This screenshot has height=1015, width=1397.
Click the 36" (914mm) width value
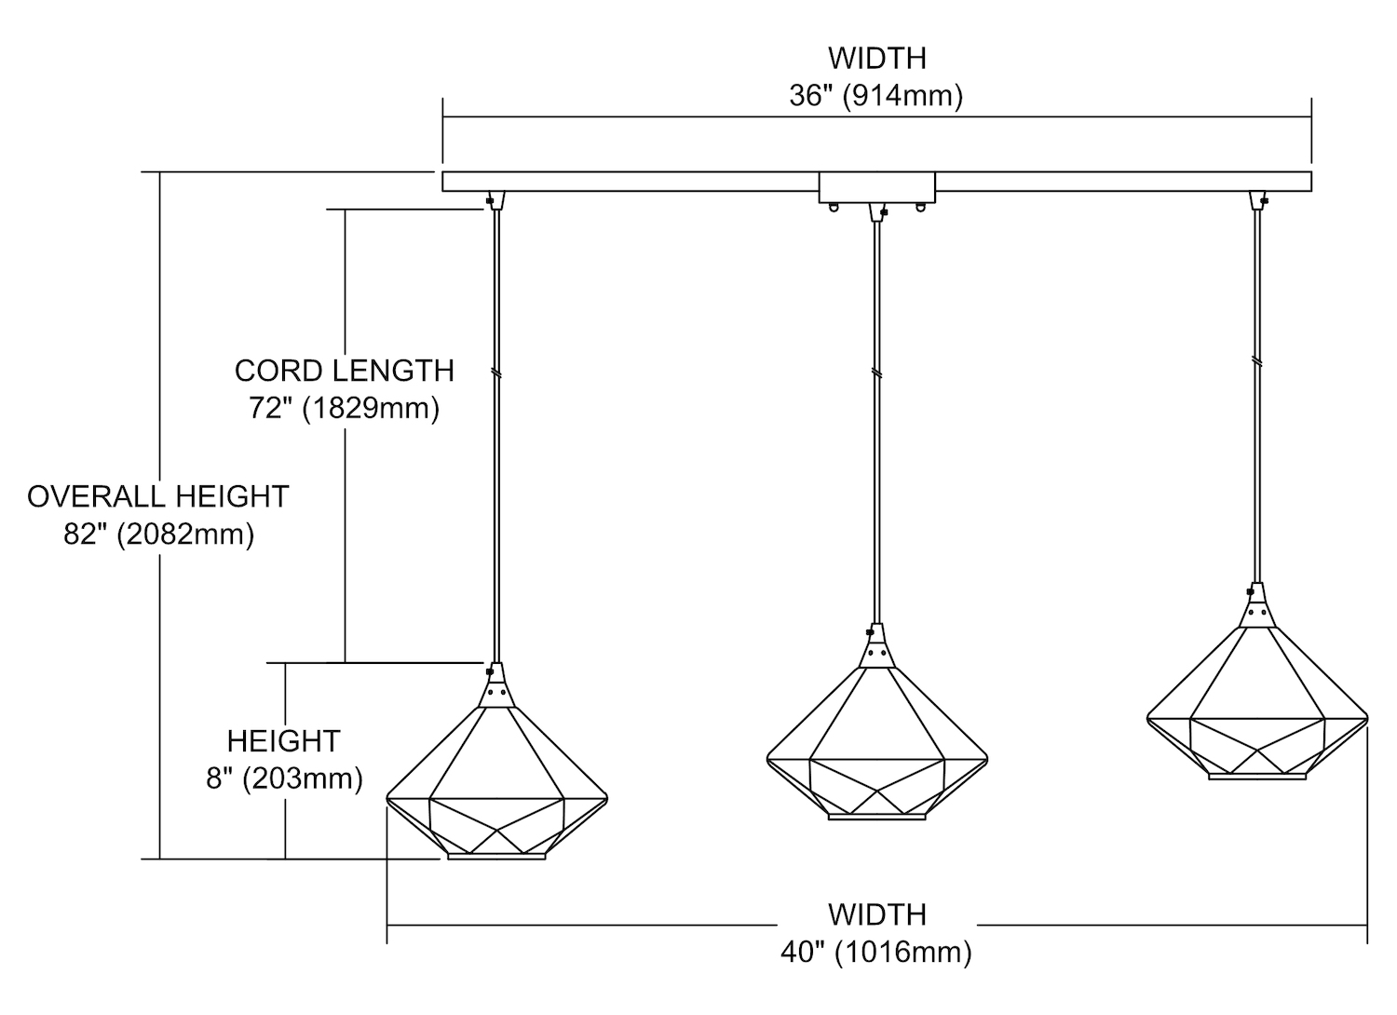pyautogui.click(x=875, y=96)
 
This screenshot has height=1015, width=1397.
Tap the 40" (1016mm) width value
pyautogui.click(x=875, y=953)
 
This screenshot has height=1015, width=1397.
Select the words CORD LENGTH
pyautogui.click(x=344, y=371)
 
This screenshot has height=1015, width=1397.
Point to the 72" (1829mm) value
pyautogui.click(x=344, y=408)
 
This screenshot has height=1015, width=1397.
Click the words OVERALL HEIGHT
pyautogui.click(x=158, y=496)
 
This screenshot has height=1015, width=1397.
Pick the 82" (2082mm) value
pyautogui.click(x=158, y=535)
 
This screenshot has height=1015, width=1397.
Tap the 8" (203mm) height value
pyautogui.click(x=284, y=778)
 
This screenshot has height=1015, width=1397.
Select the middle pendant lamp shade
pyautogui.click(x=876, y=745)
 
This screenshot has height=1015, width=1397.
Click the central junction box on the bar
pyautogui.click(x=876, y=187)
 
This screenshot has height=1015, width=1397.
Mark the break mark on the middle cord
pyautogui.click(x=876, y=372)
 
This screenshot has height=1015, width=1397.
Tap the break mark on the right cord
pyautogui.click(x=1257, y=360)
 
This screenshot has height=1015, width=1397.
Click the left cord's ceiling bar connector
pyautogui.click(x=494, y=199)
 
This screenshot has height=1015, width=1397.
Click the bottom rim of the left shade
pyautogui.click(x=496, y=856)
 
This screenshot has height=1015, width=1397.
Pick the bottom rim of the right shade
pyautogui.click(x=1256, y=776)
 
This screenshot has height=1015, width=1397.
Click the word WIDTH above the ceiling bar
pyautogui.click(x=876, y=58)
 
